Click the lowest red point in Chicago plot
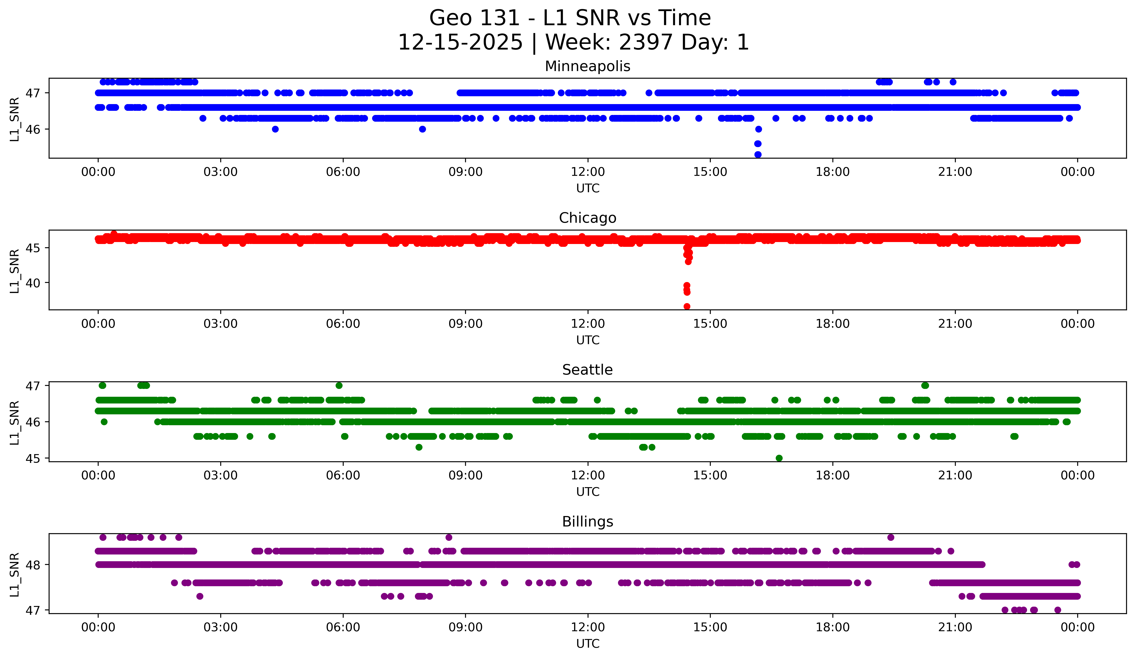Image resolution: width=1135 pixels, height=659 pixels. (687, 306)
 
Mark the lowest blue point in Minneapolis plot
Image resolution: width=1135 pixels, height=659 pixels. (758, 154)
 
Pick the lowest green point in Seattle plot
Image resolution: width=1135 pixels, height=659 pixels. (779, 458)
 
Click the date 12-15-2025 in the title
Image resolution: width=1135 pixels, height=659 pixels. (460, 42)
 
